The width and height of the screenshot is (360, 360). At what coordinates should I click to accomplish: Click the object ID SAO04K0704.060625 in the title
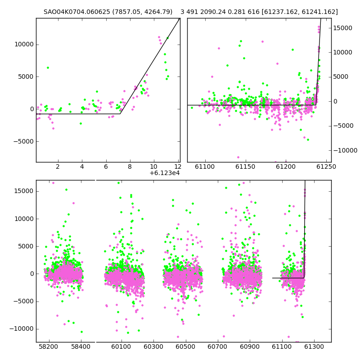[x=76, y=12]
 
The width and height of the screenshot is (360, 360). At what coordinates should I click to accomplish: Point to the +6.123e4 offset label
[x=165, y=173]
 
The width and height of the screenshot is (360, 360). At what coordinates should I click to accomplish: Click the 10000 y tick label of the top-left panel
[x=24, y=44]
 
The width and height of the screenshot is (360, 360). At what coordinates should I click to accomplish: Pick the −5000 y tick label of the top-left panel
[x=23, y=141]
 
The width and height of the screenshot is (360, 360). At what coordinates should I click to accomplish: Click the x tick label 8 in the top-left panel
[x=130, y=166]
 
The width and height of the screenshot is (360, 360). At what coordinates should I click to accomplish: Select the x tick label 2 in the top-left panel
[x=58, y=166]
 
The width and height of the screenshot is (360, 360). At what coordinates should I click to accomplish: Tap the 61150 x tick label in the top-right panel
[x=245, y=166]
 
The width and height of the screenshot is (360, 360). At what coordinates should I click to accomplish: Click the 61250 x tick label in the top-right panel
[x=326, y=166]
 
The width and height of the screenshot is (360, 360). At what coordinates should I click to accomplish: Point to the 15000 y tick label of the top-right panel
[x=342, y=28]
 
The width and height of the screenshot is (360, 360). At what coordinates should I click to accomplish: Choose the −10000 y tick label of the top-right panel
[x=345, y=150]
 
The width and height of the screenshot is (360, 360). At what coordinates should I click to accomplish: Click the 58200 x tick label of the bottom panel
[x=49, y=346]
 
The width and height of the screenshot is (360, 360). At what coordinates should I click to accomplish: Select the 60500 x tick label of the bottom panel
[x=185, y=346]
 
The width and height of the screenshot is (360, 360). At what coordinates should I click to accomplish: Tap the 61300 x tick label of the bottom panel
[x=314, y=346]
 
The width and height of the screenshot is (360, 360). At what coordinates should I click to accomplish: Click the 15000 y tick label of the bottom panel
[x=24, y=191]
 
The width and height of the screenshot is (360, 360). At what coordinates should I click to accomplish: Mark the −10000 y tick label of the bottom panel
[x=21, y=329]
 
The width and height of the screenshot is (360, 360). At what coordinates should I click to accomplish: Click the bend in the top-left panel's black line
[x=120, y=114]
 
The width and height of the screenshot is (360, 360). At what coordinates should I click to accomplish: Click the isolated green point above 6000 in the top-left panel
[x=48, y=68]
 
